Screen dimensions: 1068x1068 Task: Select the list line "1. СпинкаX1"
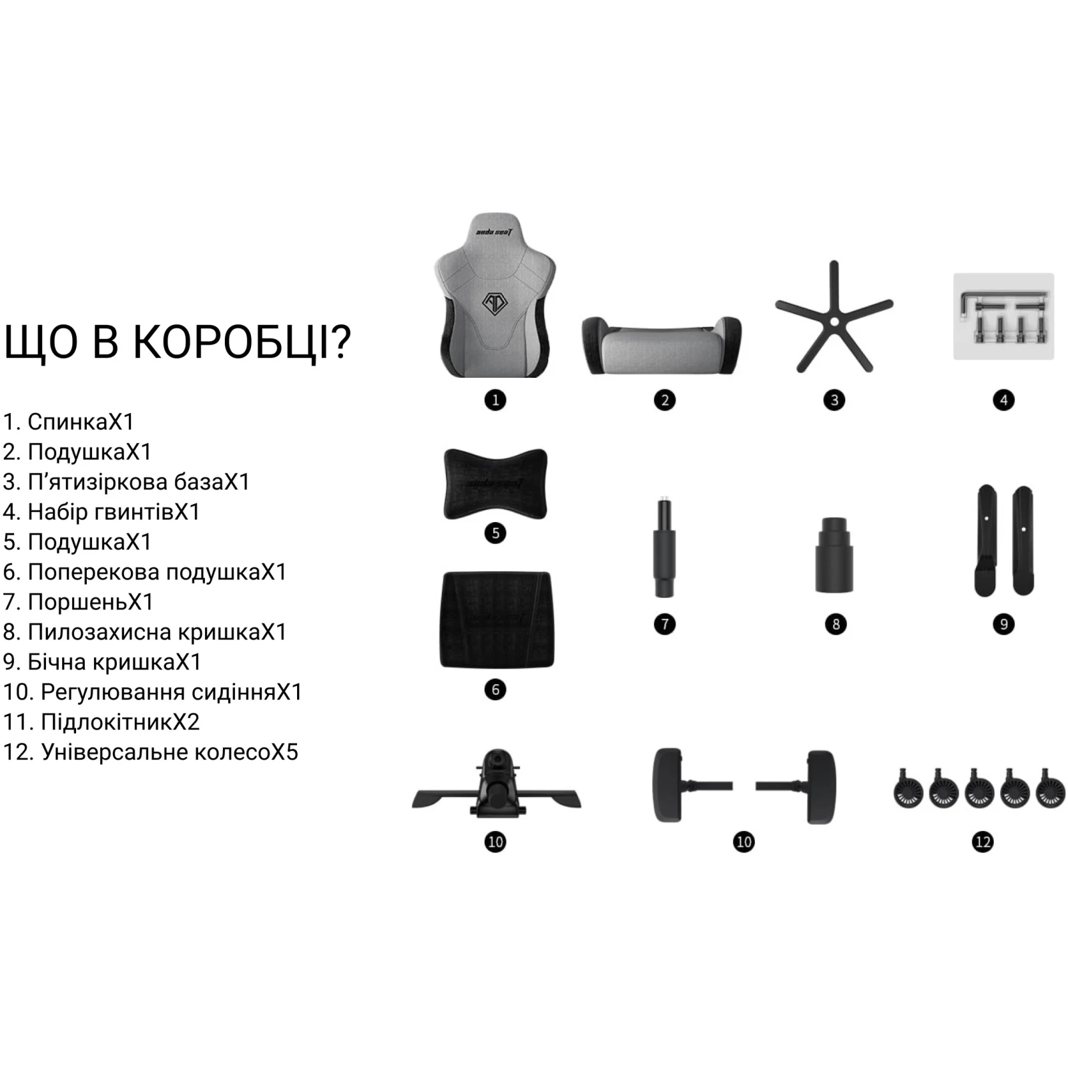tap(69, 422)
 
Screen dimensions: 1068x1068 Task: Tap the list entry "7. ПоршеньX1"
tap(78, 602)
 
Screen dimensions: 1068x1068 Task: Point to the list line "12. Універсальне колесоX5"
tap(151, 752)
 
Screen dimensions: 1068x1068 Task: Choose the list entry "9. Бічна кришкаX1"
tap(102, 662)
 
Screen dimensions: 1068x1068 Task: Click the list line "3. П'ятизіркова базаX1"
tap(126, 482)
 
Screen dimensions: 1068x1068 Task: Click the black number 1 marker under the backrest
tap(495, 400)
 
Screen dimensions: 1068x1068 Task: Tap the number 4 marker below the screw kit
tap(1004, 400)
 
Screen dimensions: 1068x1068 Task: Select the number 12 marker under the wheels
tap(983, 842)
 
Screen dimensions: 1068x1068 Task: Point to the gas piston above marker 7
tap(664, 547)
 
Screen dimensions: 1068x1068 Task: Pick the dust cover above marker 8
tap(834, 555)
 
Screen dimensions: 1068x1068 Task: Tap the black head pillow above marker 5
tap(495, 484)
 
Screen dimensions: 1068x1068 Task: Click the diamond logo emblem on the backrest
tap(495, 304)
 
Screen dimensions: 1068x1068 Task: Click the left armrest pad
tap(667, 785)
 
